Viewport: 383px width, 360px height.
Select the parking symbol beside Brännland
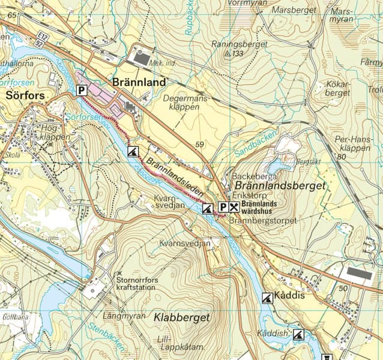[x=82, y=91]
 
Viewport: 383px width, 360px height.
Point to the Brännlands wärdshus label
[x=259, y=208]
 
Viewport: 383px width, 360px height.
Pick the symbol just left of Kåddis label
[x=267, y=297]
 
